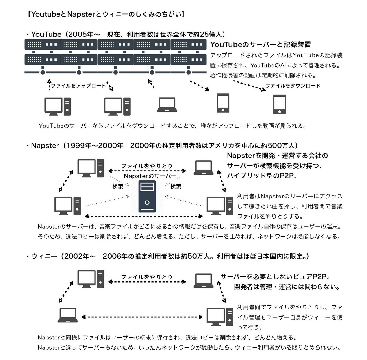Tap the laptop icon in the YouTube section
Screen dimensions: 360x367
[167, 105]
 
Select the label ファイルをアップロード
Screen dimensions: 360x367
[78, 86]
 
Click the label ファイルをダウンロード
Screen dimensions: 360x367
[293, 86]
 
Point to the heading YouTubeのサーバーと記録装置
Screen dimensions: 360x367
[261, 45]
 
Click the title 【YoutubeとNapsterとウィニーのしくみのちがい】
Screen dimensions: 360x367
[106, 14]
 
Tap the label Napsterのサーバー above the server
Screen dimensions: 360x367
[150, 176]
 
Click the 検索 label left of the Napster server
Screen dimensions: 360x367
[118, 186]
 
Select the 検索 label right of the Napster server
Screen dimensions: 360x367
[176, 186]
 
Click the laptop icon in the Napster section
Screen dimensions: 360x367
[204, 168]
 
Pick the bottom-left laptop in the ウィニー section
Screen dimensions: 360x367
[68, 315]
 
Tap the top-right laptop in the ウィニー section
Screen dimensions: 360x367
[204, 281]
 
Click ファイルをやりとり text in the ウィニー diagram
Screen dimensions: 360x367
[147, 277]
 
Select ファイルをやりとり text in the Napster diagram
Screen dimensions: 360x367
[147, 166]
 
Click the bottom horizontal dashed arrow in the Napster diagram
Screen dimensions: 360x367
[144, 216]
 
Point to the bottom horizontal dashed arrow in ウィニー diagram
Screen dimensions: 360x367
[142, 317]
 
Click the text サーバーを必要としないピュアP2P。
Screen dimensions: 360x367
[275, 277]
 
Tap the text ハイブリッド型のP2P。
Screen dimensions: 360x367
[262, 176]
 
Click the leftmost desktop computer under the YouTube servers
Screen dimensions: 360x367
[57, 107]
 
